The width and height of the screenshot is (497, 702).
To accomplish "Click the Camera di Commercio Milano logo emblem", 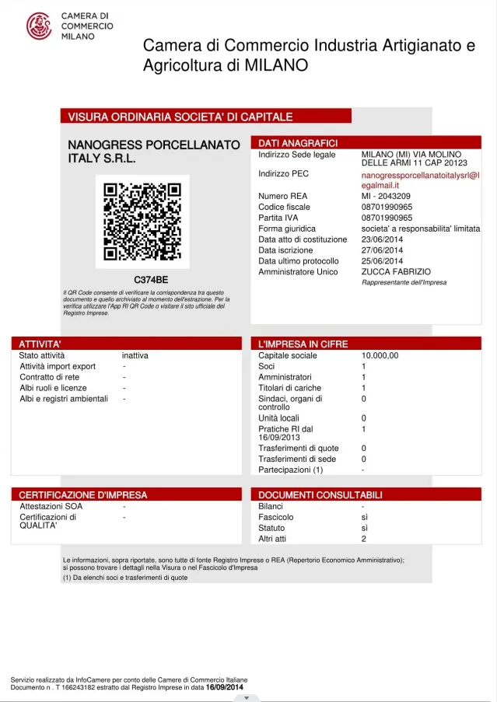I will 39,26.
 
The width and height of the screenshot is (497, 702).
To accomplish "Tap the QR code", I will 142,222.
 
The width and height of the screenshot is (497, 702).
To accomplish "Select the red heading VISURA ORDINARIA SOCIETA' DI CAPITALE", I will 180,117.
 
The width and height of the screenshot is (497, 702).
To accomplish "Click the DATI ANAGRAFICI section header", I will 298,143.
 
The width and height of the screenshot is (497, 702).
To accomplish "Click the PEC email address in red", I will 420,180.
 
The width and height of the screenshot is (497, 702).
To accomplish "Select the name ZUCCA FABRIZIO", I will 396,271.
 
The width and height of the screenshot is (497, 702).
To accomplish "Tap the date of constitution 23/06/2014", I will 383,239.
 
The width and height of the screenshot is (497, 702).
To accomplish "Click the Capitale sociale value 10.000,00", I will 380,355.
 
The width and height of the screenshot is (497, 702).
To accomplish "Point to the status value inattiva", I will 135,355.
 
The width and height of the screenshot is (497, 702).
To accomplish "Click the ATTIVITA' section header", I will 40,344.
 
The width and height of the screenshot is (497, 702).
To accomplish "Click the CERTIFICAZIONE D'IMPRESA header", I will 82,494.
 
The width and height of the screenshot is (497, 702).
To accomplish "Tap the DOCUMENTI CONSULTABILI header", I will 320,494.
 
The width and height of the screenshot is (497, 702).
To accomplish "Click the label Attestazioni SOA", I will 51,506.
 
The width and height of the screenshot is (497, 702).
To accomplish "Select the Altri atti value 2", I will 364,539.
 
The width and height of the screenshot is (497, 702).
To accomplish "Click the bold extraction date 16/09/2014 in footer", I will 225,687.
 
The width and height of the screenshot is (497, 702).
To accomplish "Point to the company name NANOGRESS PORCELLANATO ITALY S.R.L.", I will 154,152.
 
